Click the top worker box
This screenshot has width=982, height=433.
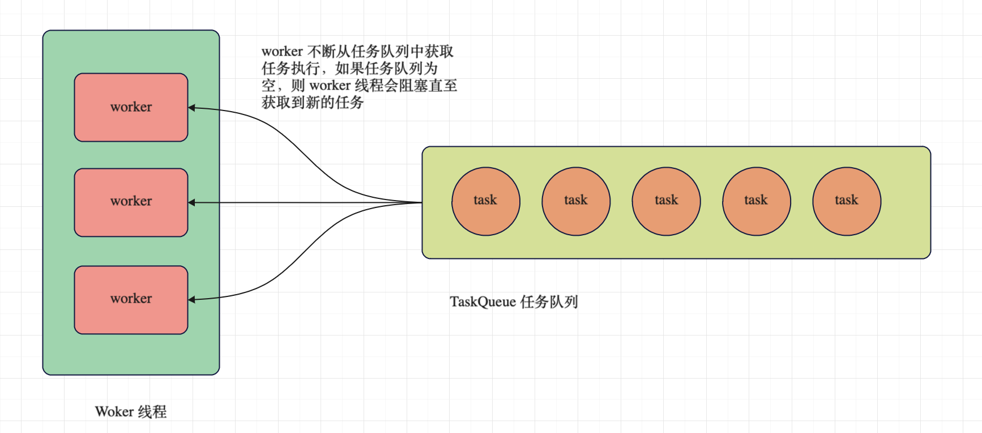[131, 107]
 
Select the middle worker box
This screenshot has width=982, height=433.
[131, 202]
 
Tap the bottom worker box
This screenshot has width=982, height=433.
[131, 300]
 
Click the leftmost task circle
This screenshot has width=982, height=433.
[485, 201]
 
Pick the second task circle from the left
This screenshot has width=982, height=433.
[576, 201]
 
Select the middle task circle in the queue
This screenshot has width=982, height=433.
[666, 201]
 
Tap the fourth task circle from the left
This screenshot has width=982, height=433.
[756, 201]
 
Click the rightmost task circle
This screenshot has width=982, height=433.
[847, 201]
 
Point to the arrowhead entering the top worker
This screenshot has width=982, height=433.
[192, 108]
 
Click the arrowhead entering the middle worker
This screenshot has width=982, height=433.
[192, 202]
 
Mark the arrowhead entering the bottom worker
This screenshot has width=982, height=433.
[192, 299]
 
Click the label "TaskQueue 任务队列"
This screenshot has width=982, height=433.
[514, 302]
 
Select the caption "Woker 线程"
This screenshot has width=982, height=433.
[131, 411]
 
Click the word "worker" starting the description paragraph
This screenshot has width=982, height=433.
[282, 52]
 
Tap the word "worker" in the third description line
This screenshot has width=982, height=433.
[330, 86]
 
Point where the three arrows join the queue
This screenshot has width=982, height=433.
[421, 202]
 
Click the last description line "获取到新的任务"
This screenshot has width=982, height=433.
[313, 103]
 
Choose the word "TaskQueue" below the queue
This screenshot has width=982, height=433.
[483, 302]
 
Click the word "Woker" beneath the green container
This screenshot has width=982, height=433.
[114, 411]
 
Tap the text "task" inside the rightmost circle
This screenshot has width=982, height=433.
[847, 199]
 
